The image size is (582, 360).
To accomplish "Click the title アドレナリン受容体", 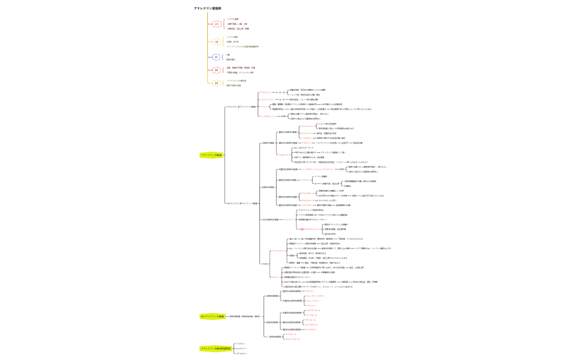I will coord(207,8).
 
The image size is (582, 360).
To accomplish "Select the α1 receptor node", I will coord(217,24).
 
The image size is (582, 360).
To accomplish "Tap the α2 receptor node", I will coord(217,42).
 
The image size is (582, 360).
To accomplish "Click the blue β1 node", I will coord(217,57).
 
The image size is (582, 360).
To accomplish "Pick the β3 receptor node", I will coord(217,83).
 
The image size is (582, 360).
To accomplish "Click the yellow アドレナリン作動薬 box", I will coord(211,155).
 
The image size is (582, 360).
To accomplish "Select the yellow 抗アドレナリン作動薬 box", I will coord(212,316).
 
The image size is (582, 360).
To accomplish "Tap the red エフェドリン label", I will coord(289,220).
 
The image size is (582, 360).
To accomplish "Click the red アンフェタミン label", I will coord(278,251).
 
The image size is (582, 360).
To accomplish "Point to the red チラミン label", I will coord(275,277).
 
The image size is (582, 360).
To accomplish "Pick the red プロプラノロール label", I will coord(313,310).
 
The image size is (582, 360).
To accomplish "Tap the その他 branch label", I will coord(265,264).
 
